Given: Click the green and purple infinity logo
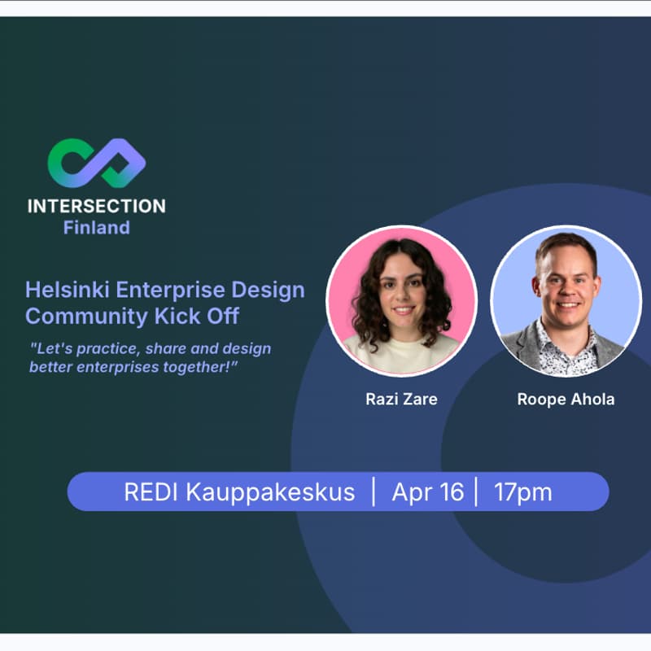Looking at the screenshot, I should (96, 163).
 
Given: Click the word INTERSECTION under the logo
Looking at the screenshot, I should (96, 206).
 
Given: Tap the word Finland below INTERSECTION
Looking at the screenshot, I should (96, 228).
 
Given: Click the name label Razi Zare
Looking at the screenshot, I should (401, 400).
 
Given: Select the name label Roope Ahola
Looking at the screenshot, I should (566, 400).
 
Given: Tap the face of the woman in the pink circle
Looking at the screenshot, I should (403, 293).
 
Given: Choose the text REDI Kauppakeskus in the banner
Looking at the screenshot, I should (239, 492).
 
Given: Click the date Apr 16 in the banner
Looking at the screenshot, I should (427, 492).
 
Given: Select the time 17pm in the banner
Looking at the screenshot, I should (522, 492).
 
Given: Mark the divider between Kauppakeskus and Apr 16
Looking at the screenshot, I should (374, 492).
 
